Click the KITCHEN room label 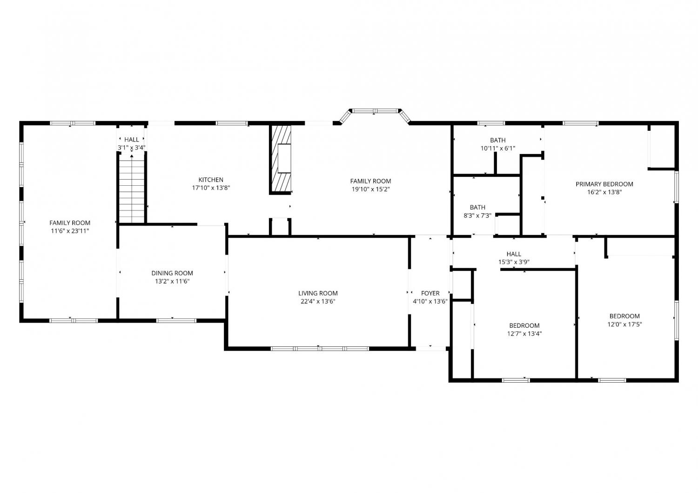pos(211,180)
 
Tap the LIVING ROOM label pos(318,293)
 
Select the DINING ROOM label pos(172,273)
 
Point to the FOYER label pos(430,293)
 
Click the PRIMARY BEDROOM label pos(604,184)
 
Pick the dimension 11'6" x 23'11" pos(70,231)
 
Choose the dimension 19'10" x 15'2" pos(370,189)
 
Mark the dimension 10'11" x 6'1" pos(497,149)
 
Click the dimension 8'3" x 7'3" pos(477,216)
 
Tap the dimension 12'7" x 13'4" pos(524,334)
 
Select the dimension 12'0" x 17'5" pos(624,324)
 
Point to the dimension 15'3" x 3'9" pos(514,262)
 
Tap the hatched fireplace pos(281,159)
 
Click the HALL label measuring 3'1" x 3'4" pos(132,139)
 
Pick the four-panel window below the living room pos(320,349)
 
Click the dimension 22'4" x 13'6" pos(318,302)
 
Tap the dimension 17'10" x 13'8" pos(211,188)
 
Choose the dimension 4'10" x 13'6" pos(430,302)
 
